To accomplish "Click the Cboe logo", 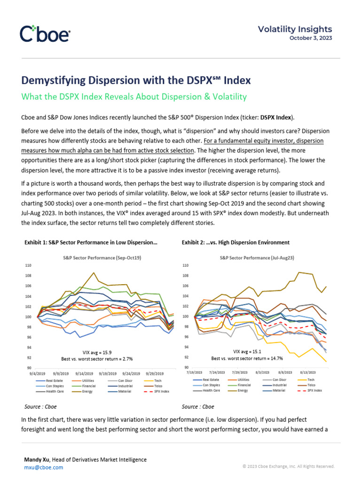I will pyautogui.click(x=45, y=34).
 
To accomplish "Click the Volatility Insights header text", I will pyautogui.click(x=295, y=29).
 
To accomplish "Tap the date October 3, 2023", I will pyautogui.click(x=310, y=38).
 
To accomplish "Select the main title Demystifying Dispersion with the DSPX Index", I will pyautogui.click(x=136, y=80).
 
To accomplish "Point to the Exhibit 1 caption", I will pyautogui.click(x=91, y=242).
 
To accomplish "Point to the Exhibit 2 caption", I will pyautogui.click(x=235, y=242).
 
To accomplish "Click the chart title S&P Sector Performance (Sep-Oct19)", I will pyautogui.click(x=102, y=258).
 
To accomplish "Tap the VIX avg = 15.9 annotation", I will pyautogui.click(x=97, y=352).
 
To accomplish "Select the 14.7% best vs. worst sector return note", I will pyautogui.click(x=247, y=358).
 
